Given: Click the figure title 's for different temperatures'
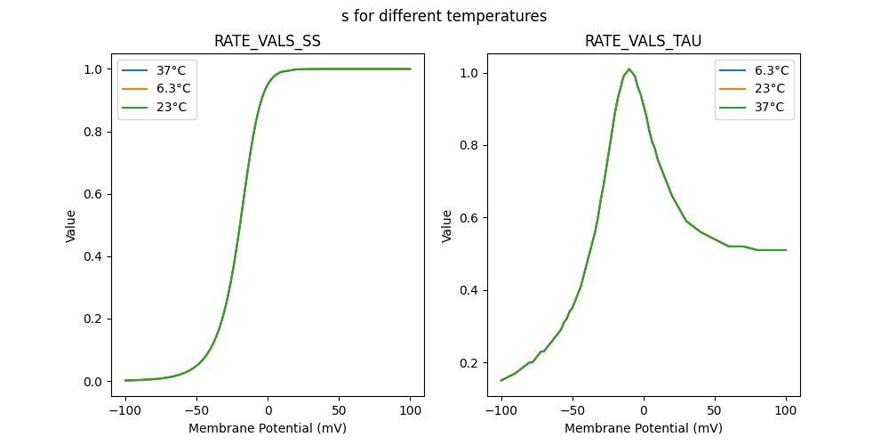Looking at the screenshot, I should pos(444,16).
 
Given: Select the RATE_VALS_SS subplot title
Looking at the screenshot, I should pos(267,41).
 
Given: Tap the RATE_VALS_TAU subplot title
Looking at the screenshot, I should pos(643,41).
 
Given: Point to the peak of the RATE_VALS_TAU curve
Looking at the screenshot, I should pos(629,69).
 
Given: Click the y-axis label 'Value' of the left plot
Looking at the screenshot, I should pos(71,226).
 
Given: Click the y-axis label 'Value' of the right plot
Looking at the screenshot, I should pos(447,226).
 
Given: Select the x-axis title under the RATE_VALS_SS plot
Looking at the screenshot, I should pos(267,428).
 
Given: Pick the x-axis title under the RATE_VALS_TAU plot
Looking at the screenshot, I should pos(643,428).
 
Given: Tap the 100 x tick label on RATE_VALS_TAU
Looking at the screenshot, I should pos(786,411).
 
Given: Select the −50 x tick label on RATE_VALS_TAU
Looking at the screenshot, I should pos(573,411).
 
